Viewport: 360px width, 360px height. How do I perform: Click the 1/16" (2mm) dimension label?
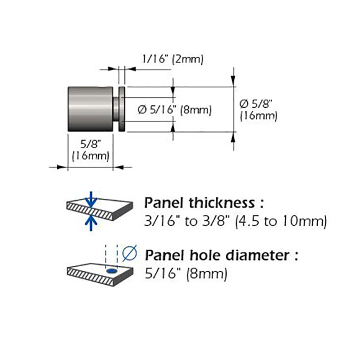(x=173, y=59)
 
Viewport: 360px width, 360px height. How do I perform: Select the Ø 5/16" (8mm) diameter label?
(x=175, y=110)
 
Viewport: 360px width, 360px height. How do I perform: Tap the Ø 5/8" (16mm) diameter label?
(x=258, y=110)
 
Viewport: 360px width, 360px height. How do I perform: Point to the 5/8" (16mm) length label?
(x=91, y=150)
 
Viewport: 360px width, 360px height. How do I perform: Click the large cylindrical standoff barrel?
(x=90, y=109)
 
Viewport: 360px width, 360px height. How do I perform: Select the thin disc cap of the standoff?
(x=122, y=109)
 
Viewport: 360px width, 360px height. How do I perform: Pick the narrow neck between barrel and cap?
(x=116, y=109)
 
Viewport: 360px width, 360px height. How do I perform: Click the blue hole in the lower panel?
(x=112, y=271)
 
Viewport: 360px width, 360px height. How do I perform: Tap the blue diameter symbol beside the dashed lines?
(x=130, y=253)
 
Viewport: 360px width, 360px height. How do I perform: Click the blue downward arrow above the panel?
(x=91, y=199)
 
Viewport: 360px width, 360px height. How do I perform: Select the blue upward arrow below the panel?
(x=91, y=223)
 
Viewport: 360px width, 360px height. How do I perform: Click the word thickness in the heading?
(x=222, y=203)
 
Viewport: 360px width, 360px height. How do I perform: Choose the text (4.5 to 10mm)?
(x=281, y=221)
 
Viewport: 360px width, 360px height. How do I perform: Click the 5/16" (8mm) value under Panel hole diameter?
(x=186, y=274)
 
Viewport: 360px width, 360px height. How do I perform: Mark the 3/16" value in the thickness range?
(x=160, y=221)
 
